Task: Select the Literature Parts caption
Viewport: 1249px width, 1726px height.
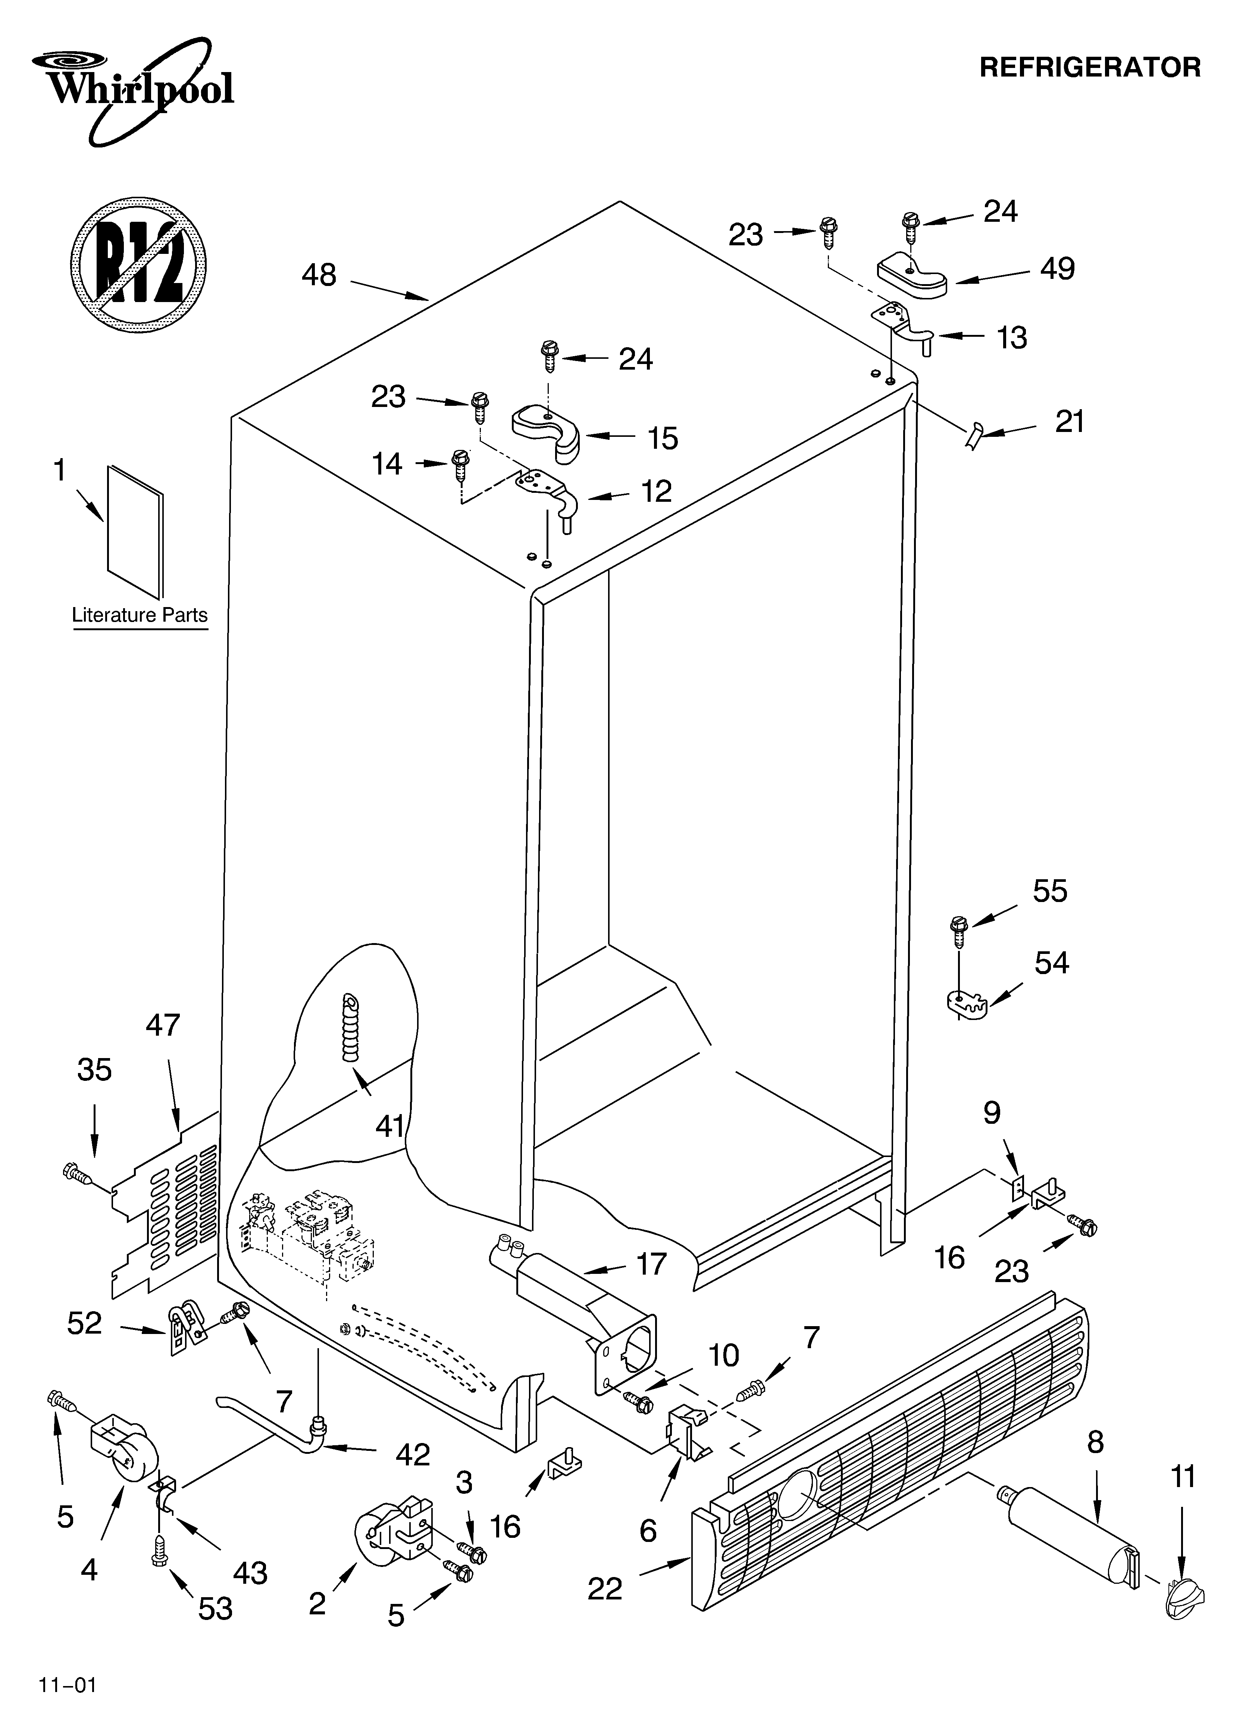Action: tap(139, 615)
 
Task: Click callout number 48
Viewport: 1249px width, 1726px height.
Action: tap(319, 275)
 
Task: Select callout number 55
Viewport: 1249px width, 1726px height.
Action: tap(1050, 891)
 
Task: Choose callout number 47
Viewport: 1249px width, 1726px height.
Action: tap(163, 1026)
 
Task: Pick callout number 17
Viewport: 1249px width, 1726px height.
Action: tap(651, 1264)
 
